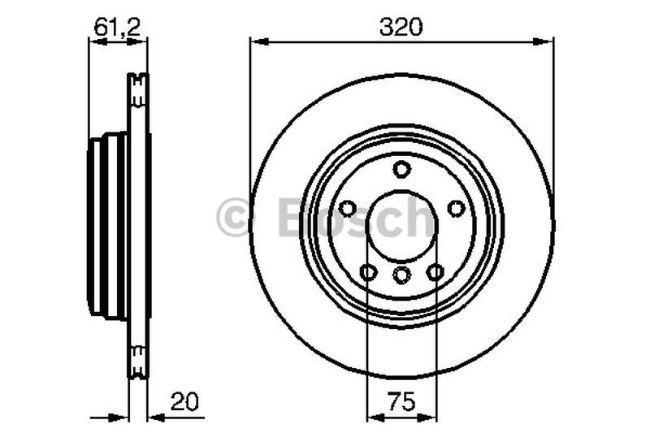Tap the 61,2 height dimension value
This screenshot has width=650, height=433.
[118, 26]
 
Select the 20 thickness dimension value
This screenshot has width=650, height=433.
[184, 401]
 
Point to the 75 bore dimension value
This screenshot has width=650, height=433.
[401, 401]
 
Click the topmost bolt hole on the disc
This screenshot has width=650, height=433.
[401, 169]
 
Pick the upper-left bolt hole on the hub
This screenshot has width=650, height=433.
[347, 209]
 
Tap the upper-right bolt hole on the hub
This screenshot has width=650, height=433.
[457, 209]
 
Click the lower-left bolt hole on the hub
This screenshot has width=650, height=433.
[368, 272]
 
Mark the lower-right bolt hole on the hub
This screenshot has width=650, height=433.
[435, 272]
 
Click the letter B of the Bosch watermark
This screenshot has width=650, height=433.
[294, 218]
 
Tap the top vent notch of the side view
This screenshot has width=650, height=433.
[139, 82]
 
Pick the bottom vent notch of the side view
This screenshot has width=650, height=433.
[139, 357]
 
